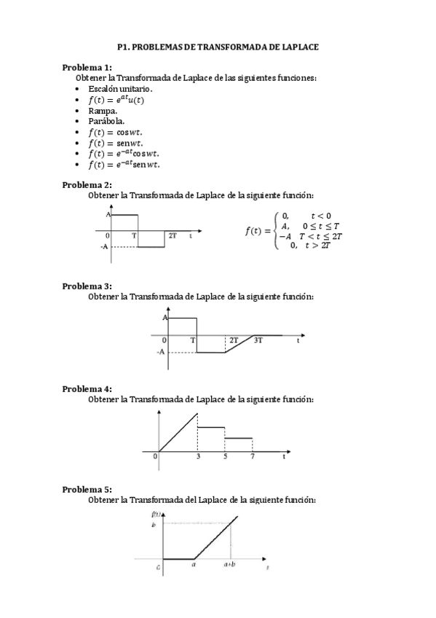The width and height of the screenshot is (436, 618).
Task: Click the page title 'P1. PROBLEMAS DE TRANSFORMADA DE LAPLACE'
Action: [x=218, y=46]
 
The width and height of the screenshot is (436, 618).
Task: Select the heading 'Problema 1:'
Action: [x=87, y=67]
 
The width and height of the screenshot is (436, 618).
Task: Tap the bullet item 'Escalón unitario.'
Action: [x=120, y=88]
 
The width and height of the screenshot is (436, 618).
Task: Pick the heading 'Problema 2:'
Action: [x=87, y=184]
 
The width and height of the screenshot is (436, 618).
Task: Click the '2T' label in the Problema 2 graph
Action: [x=173, y=236]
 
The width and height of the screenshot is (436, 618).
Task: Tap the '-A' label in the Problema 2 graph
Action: [x=104, y=246]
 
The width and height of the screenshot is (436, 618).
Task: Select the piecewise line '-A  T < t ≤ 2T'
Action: [x=312, y=236]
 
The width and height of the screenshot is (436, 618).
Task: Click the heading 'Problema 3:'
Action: [x=87, y=286]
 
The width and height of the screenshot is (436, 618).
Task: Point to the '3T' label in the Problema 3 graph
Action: [x=258, y=340]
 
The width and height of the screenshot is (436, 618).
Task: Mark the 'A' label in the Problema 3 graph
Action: [x=165, y=318]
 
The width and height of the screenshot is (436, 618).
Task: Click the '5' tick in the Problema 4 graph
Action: [x=225, y=456]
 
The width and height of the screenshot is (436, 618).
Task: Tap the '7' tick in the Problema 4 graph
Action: [x=253, y=456]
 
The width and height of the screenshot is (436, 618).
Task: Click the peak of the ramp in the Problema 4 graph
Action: [x=198, y=414]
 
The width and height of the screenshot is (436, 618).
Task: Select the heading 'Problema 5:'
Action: [x=87, y=490]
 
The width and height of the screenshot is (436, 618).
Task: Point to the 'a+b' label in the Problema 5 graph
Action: [x=229, y=564]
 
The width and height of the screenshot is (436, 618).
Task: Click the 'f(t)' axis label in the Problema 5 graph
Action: [x=156, y=515]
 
